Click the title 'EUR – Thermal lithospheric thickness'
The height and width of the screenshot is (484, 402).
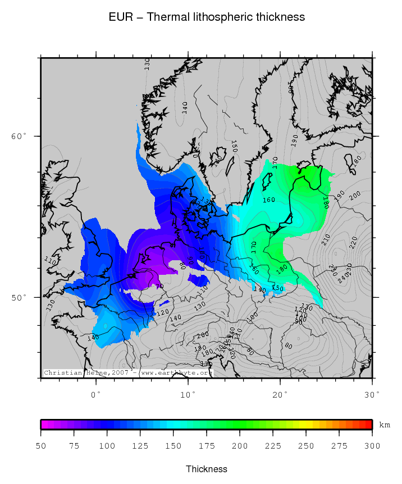pyautogui.click(x=207, y=17)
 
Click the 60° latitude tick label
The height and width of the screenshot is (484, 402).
pyautogui.click(x=19, y=136)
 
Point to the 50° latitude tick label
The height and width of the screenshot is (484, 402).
pyautogui.click(x=19, y=297)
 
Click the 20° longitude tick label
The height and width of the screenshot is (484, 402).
pyautogui.click(x=280, y=394)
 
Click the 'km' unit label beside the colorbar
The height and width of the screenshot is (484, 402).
pyautogui.click(x=385, y=425)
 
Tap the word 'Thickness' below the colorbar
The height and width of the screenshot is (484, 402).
pyautogui.click(x=207, y=469)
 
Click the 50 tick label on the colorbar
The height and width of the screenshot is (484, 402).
pyautogui.click(x=41, y=446)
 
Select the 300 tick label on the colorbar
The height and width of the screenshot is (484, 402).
pyautogui.click(x=372, y=446)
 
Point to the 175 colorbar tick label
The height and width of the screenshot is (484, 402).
pyautogui.click(x=207, y=446)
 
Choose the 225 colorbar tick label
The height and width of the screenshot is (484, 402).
pyautogui.click(x=273, y=446)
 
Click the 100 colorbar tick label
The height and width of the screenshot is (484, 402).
pyautogui.click(x=107, y=446)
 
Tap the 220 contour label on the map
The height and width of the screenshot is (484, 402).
pyautogui.click(x=353, y=242)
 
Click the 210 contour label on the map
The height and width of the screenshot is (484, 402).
pyautogui.click(x=326, y=240)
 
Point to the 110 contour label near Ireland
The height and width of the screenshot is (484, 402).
pyautogui.click(x=51, y=261)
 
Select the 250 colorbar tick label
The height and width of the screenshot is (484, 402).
pyautogui.click(x=306, y=446)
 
